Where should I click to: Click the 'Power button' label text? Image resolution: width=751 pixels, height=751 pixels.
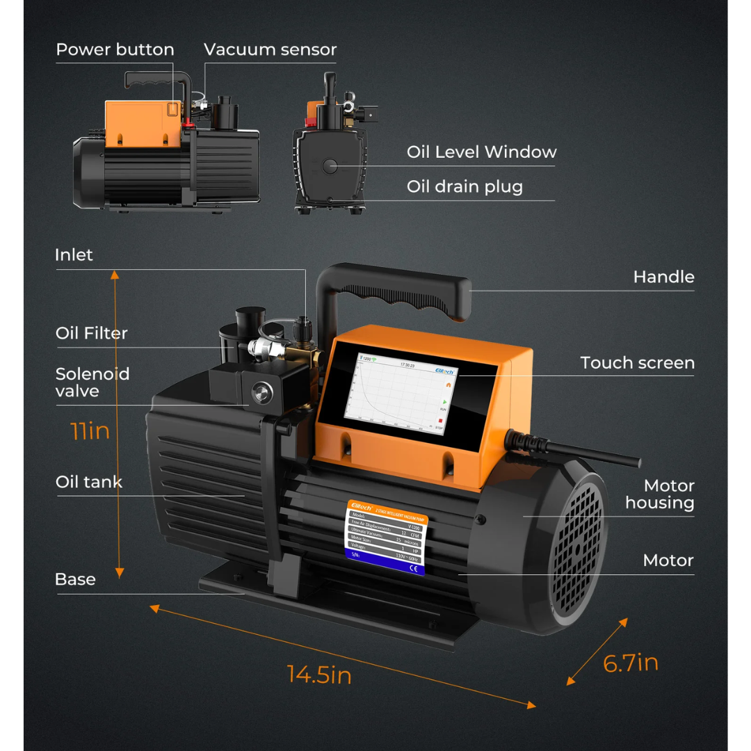click(115, 50)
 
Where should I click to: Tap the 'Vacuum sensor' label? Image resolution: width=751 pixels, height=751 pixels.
click(270, 50)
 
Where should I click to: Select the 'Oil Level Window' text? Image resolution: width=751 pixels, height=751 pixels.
click(481, 152)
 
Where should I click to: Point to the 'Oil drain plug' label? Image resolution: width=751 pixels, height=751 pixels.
click(465, 187)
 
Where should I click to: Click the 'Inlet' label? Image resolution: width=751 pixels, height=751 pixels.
click(74, 255)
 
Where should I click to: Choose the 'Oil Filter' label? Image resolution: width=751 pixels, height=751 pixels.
click(92, 334)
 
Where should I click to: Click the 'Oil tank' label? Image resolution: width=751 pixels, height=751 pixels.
click(88, 482)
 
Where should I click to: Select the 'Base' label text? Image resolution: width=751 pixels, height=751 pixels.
click(75, 579)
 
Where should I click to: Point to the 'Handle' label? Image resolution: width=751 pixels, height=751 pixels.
click(663, 277)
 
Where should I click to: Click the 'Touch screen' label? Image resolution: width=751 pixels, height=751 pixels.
click(637, 363)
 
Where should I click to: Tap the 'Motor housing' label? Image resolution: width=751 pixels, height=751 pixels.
click(659, 494)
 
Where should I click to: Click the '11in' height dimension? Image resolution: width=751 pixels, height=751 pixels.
click(90, 430)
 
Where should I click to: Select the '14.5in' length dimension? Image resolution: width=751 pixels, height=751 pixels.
click(319, 675)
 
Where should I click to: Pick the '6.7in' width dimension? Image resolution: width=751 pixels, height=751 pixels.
click(630, 663)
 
